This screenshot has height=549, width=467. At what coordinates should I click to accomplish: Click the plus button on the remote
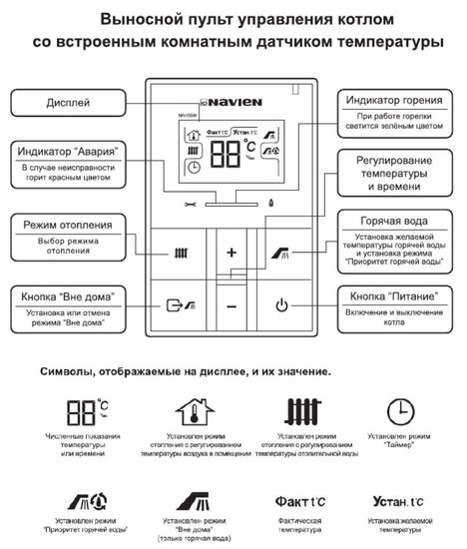click(x=232, y=253)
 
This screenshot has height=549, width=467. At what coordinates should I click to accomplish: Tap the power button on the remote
click(x=281, y=305)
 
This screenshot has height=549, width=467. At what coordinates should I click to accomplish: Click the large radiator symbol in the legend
click(x=301, y=411)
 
